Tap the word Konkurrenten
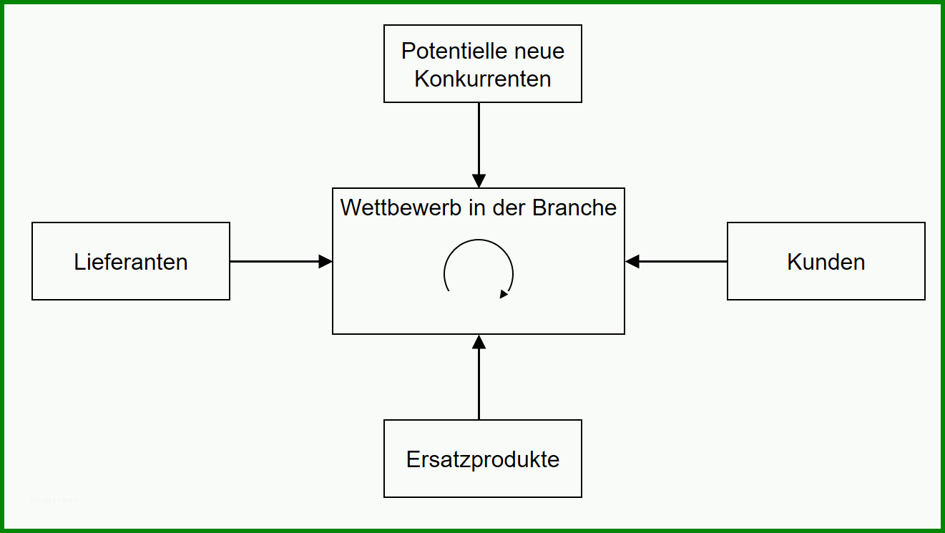[x=483, y=79]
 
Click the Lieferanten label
[x=131, y=262]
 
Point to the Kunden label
[x=826, y=262]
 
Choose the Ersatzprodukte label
[x=483, y=460]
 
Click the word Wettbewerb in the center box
[x=401, y=207]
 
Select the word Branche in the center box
[x=574, y=207]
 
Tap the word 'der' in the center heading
[x=509, y=207]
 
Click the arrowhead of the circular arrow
[x=504, y=294]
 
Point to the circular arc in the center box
[x=479, y=240]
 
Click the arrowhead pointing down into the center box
[x=479, y=180]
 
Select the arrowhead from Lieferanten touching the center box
[x=325, y=262]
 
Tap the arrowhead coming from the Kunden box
[x=632, y=262]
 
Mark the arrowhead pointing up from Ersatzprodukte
[x=479, y=342]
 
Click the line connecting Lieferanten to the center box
[x=274, y=262]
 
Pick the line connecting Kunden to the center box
[x=683, y=262]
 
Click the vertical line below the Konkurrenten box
[x=479, y=138]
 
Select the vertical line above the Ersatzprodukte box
[x=479, y=384]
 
